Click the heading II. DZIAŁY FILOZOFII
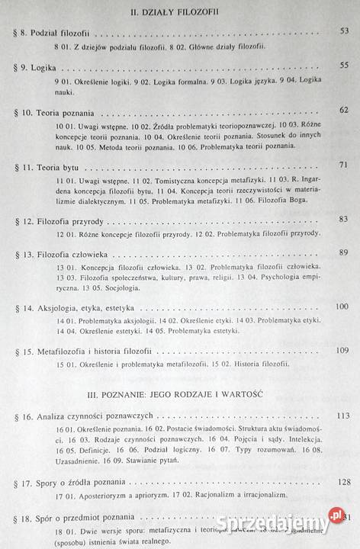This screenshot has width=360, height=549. [180, 11]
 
